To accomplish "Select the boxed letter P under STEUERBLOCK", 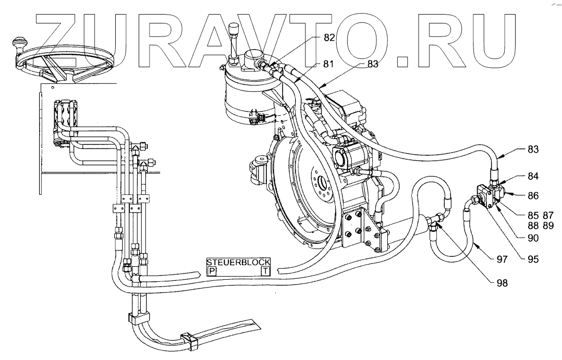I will coord(212,271).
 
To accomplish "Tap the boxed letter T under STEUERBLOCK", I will coord(265,271).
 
